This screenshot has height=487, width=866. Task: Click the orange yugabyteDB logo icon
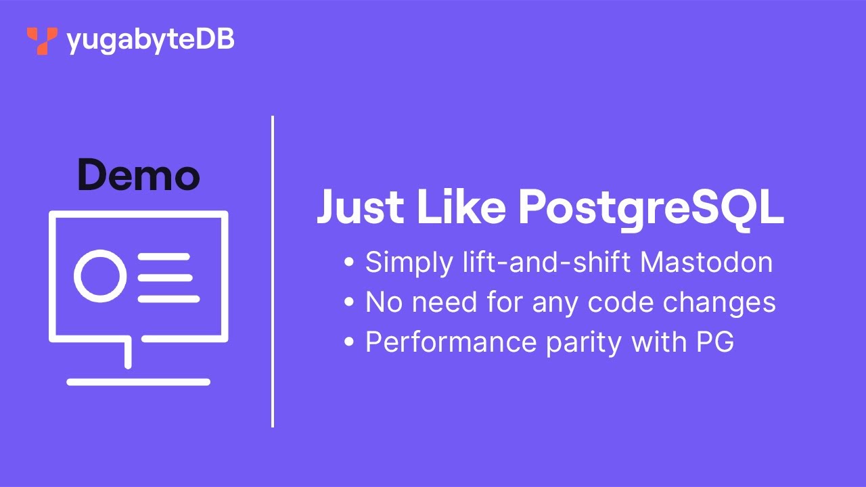[x=42, y=41]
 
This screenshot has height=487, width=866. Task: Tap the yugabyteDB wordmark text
[x=150, y=41]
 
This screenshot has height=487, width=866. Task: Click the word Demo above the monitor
[x=138, y=175]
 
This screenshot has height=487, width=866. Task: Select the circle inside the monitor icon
[x=100, y=277]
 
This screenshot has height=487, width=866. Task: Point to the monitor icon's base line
[x=138, y=382]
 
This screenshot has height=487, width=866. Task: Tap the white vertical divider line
[x=273, y=271]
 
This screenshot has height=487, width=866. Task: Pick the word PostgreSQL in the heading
[x=651, y=208]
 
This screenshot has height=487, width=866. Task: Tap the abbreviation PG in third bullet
[x=715, y=342]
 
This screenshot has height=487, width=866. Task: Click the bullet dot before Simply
[x=349, y=262]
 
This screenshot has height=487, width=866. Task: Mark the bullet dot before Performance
[x=349, y=342]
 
